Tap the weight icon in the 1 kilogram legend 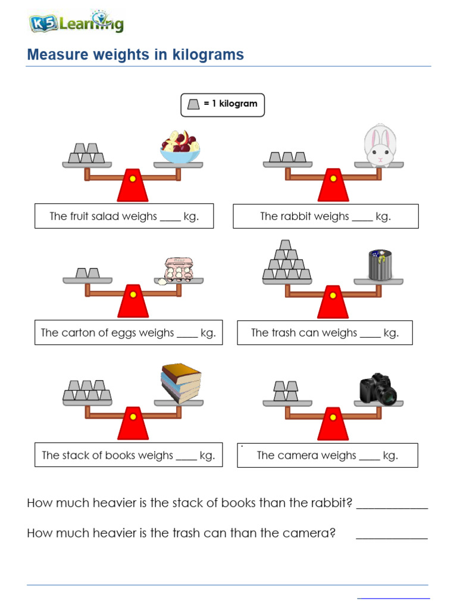[193, 104]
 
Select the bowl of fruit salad [180, 148]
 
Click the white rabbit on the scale [378, 145]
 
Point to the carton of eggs [179, 269]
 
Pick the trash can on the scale [380, 265]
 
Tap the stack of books [181, 384]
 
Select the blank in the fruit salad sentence [170, 218]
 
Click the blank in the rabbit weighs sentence [362, 218]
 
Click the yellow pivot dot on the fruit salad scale [133, 178]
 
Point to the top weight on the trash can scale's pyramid [286, 245]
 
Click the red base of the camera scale [333, 426]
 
